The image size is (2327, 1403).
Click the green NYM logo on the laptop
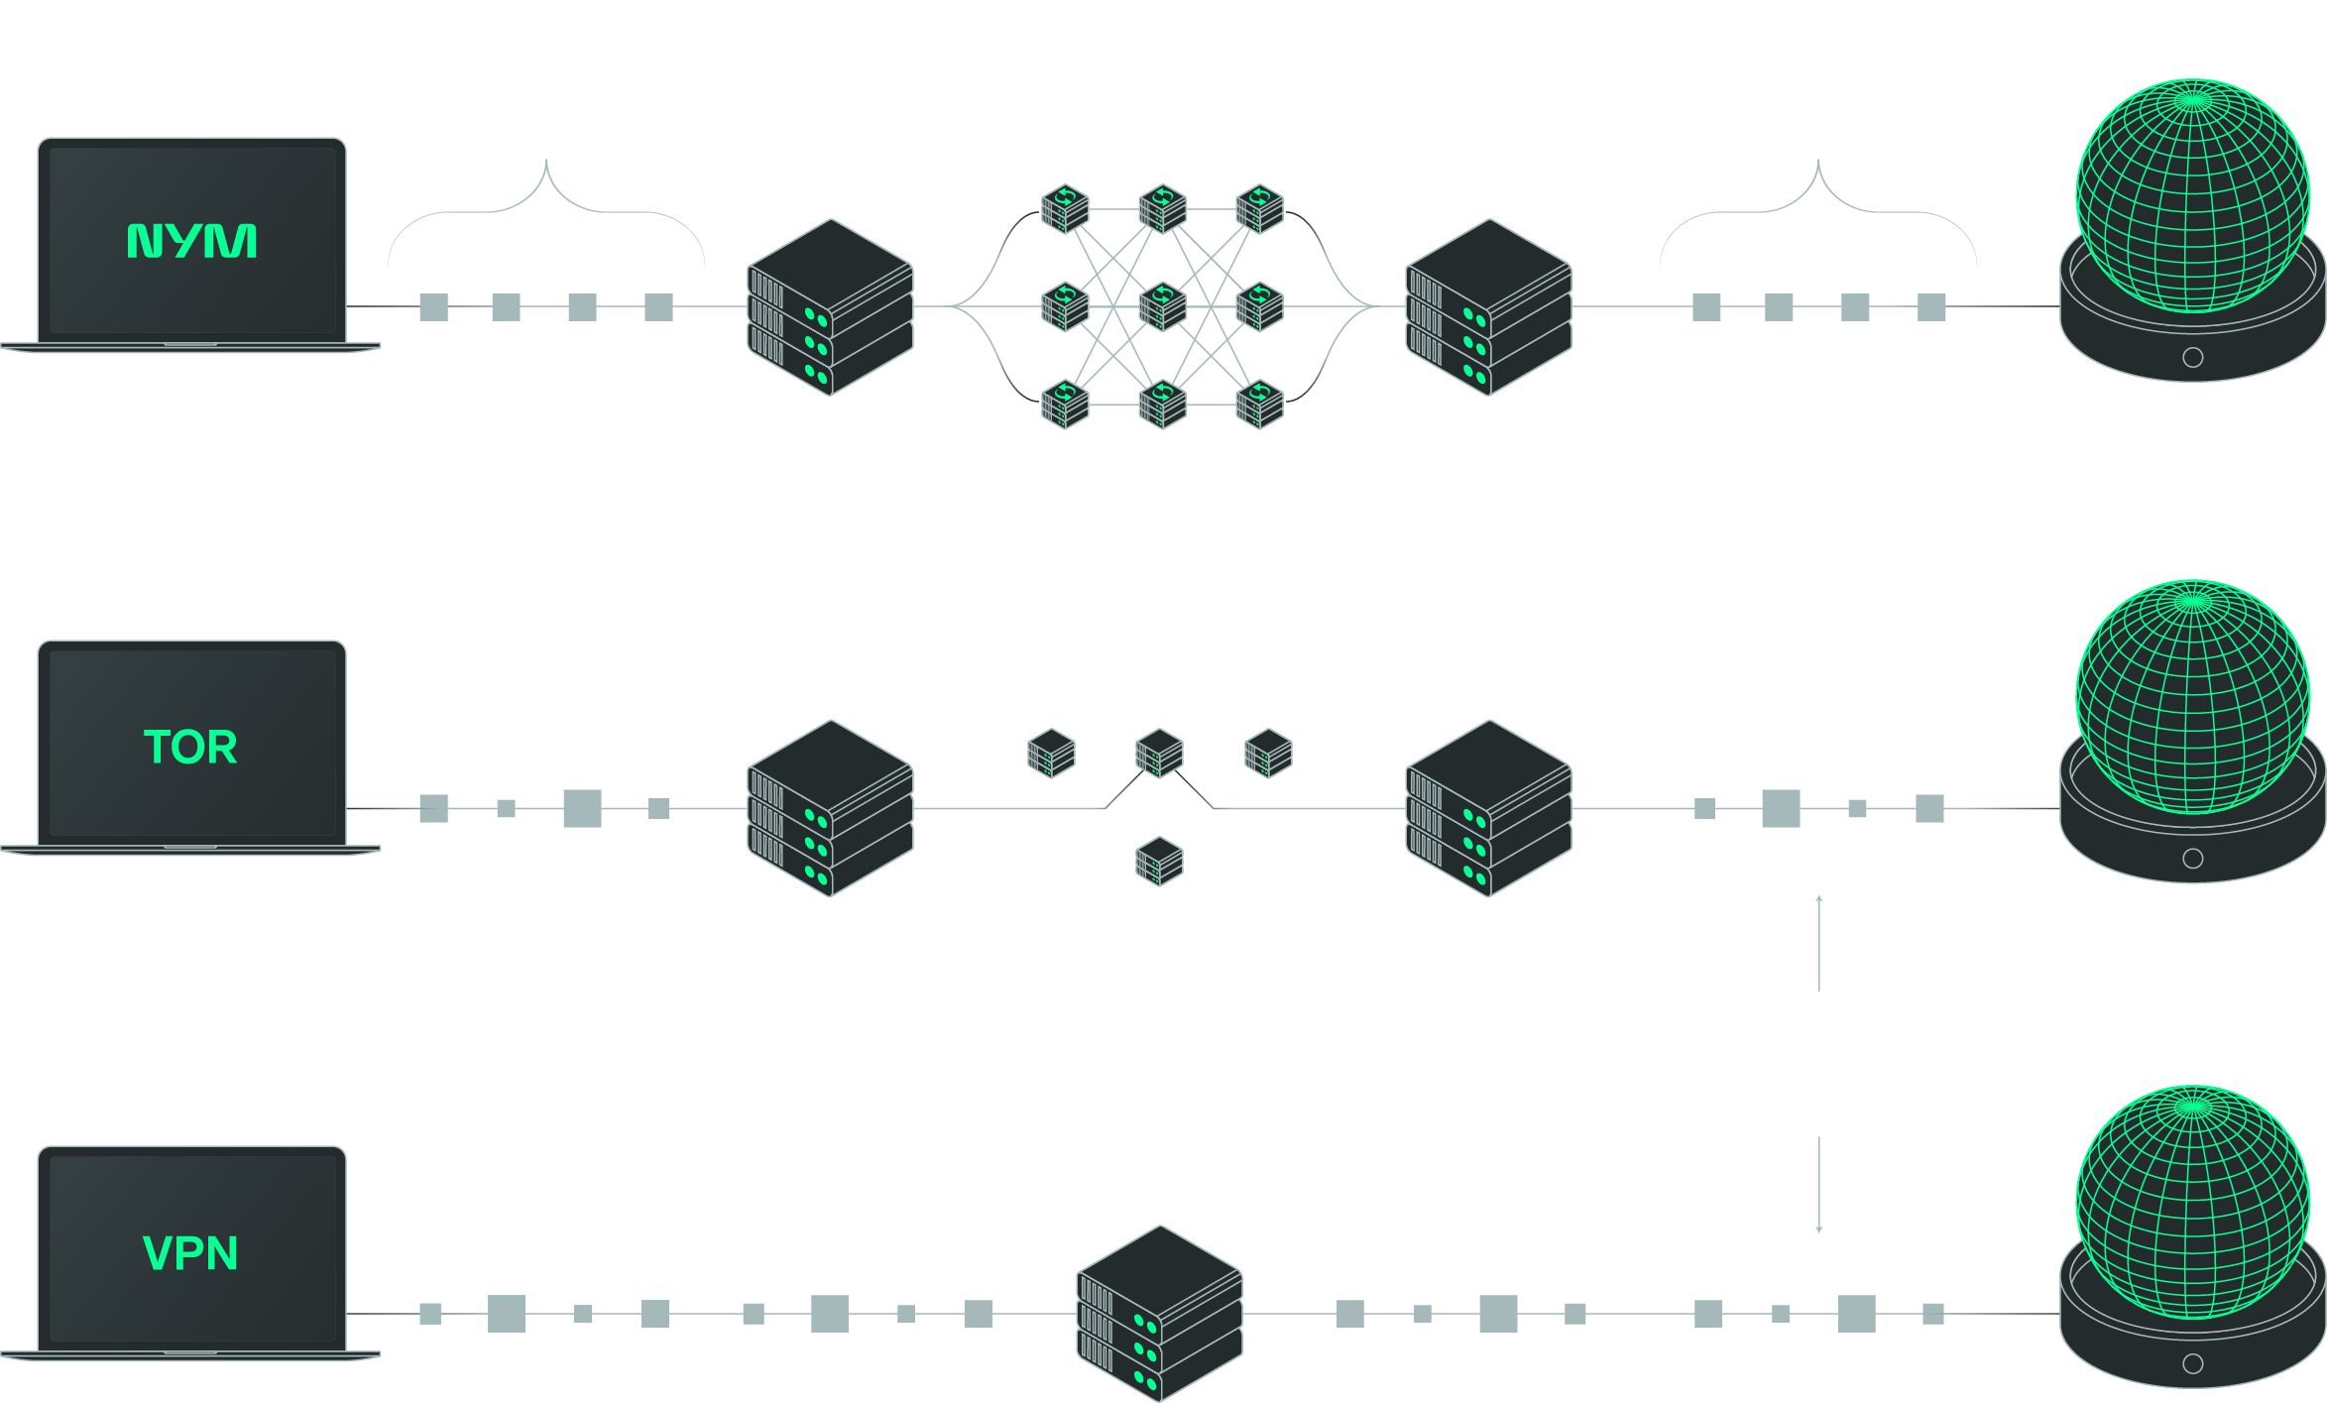click(191, 241)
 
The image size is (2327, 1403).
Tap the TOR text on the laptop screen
click(190, 747)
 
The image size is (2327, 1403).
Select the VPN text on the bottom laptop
click(190, 1253)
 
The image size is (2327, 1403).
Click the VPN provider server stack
click(1159, 1314)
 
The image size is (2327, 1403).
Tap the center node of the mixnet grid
click(1162, 306)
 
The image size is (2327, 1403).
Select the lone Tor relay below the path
click(1159, 861)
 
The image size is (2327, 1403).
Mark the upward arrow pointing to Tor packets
click(1818, 942)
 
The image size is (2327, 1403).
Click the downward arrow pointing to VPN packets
click(1818, 1185)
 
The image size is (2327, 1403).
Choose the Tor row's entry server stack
click(830, 808)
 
